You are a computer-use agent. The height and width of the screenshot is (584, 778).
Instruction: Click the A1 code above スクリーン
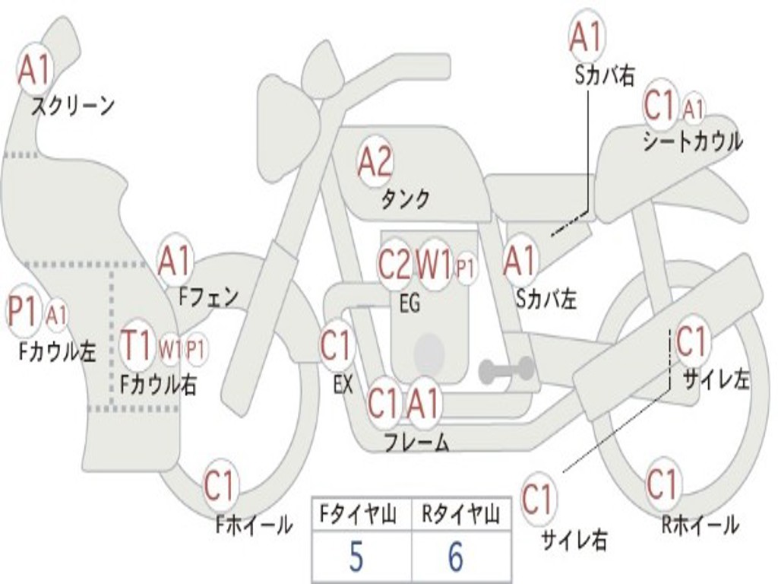pos(35,69)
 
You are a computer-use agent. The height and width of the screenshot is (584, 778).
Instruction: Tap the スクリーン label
pos(73,106)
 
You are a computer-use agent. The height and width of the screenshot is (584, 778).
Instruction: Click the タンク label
pos(406,199)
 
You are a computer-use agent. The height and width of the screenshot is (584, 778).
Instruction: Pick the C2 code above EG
pos(395,264)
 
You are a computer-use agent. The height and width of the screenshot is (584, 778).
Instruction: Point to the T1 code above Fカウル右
pos(137,344)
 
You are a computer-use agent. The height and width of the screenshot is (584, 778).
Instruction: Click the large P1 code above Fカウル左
pos(23,311)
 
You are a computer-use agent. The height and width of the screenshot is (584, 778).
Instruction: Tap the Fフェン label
pos(209,297)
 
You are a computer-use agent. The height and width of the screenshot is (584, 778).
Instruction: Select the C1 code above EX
pos(337,344)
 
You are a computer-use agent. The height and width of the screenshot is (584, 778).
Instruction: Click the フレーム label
pos(417,442)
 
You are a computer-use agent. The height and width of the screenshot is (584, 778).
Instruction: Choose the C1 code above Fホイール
pos(220,485)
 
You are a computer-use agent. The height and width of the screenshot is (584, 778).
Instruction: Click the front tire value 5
pos(356,557)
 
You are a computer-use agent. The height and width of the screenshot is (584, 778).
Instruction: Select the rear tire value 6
pos(456,557)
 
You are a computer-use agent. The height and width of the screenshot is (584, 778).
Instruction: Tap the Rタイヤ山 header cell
pos(461,514)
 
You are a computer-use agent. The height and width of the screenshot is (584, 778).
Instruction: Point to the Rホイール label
pos(700,525)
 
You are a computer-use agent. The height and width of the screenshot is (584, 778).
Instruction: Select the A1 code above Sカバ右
pos(587,36)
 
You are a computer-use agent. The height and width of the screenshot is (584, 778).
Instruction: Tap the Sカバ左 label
pos(546,299)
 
